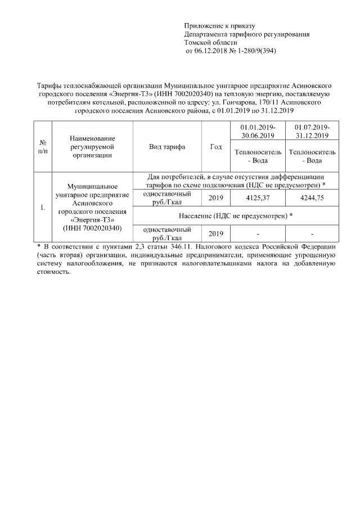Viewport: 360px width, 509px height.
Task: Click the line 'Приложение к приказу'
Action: (219, 26)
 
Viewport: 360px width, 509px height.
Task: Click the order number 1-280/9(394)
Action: (256, 51)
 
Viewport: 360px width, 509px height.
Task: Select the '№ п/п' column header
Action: (42, 147)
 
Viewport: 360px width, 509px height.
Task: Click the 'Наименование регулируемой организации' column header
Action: (92, 147)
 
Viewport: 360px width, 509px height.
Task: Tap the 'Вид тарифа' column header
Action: (167, 147)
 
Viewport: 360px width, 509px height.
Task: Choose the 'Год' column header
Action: (215, 147)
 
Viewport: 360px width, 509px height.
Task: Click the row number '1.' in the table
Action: (42, 208)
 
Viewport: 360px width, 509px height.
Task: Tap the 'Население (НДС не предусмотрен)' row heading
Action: (236, 216)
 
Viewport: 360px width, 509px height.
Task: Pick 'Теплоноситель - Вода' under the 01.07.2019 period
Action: (312, 156)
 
